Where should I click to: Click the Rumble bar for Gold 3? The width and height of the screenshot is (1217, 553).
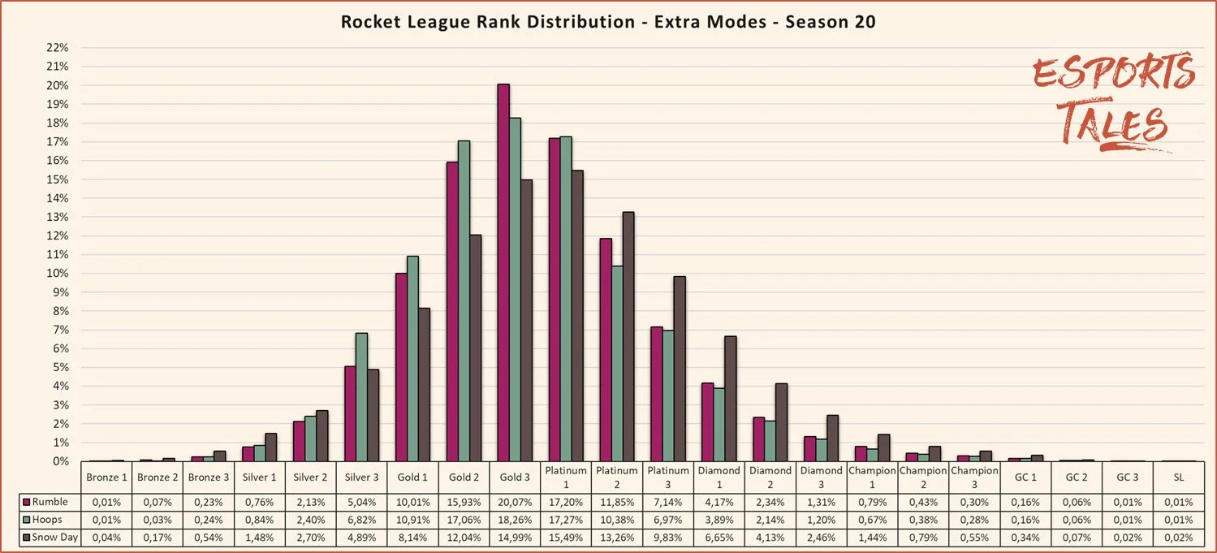[503, 272]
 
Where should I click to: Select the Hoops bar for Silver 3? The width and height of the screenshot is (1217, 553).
[361, 397]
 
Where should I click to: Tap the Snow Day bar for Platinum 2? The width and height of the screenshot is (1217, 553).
[628, 336]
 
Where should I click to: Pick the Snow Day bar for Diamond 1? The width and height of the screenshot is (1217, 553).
[730, 399]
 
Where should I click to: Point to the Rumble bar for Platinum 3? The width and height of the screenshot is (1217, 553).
[656, 394]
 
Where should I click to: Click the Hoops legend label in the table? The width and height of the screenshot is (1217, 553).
[48, 520]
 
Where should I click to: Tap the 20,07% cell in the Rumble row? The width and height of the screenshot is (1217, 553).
[514, 502]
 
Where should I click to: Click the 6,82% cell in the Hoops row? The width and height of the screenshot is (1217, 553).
[361, 520]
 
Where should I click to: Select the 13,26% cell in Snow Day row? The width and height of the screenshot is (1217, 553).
[616, 538]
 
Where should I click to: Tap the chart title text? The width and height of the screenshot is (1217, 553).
[607, 22]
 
